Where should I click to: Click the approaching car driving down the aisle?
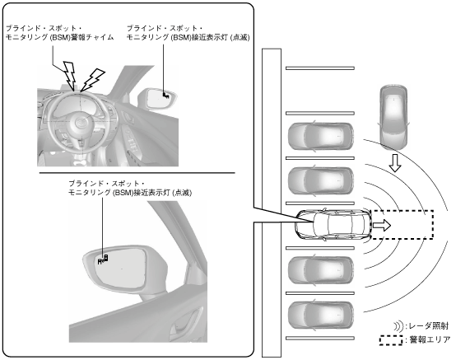pyautogui.click(x=393, y=117)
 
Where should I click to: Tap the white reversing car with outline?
pyautogui.click(x=333, y=225)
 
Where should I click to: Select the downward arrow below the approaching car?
pyautogui.click(x=395, y=163)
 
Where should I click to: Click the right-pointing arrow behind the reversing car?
pyautogui.click(x=382, y=225)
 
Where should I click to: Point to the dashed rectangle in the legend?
pyautogui.click(x=391, y=340)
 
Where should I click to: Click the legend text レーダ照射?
pyautogui.click(x=429, y=326)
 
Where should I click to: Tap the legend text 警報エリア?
pyautogui.click(x=430, y=339)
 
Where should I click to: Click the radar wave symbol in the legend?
pyautogui.click(x=398, y=326)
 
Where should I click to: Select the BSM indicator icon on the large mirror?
pyautogui.click(x=103, y=259)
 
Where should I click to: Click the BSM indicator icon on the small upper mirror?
pyautogui.click(x=165, y=95)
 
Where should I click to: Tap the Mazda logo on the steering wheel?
pyautogui.click(x=80, y=123)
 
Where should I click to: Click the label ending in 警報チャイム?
pyautogui.click(x=59, y=33)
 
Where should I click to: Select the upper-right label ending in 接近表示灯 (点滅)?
pyautogui.click(x=188, y=33)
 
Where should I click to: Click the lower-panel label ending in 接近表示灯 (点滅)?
pyautogui.click(x=130, y=188)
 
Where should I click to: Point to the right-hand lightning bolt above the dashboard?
pyautogui.click(x=93, y=79)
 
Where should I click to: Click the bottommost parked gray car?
pyautogui.click(x=321, y=316)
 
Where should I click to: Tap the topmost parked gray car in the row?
pyautogui.click(x=321, y=136)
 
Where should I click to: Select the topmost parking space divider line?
pyautogui.click(x=320, y=68)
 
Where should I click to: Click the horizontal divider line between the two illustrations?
pyautogui.click(x=137, y=173)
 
